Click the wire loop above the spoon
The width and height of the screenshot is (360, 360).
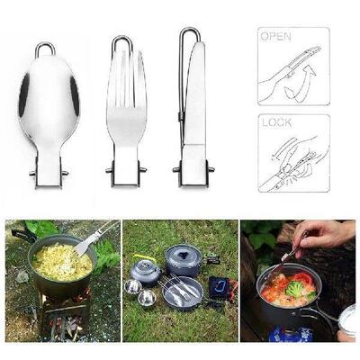(45, 49)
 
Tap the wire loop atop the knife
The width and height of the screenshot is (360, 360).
(188, 38)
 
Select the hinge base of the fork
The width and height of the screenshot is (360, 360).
(126, 171)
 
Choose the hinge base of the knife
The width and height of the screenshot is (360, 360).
(193, 171)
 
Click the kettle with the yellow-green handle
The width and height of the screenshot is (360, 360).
(146, 269)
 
